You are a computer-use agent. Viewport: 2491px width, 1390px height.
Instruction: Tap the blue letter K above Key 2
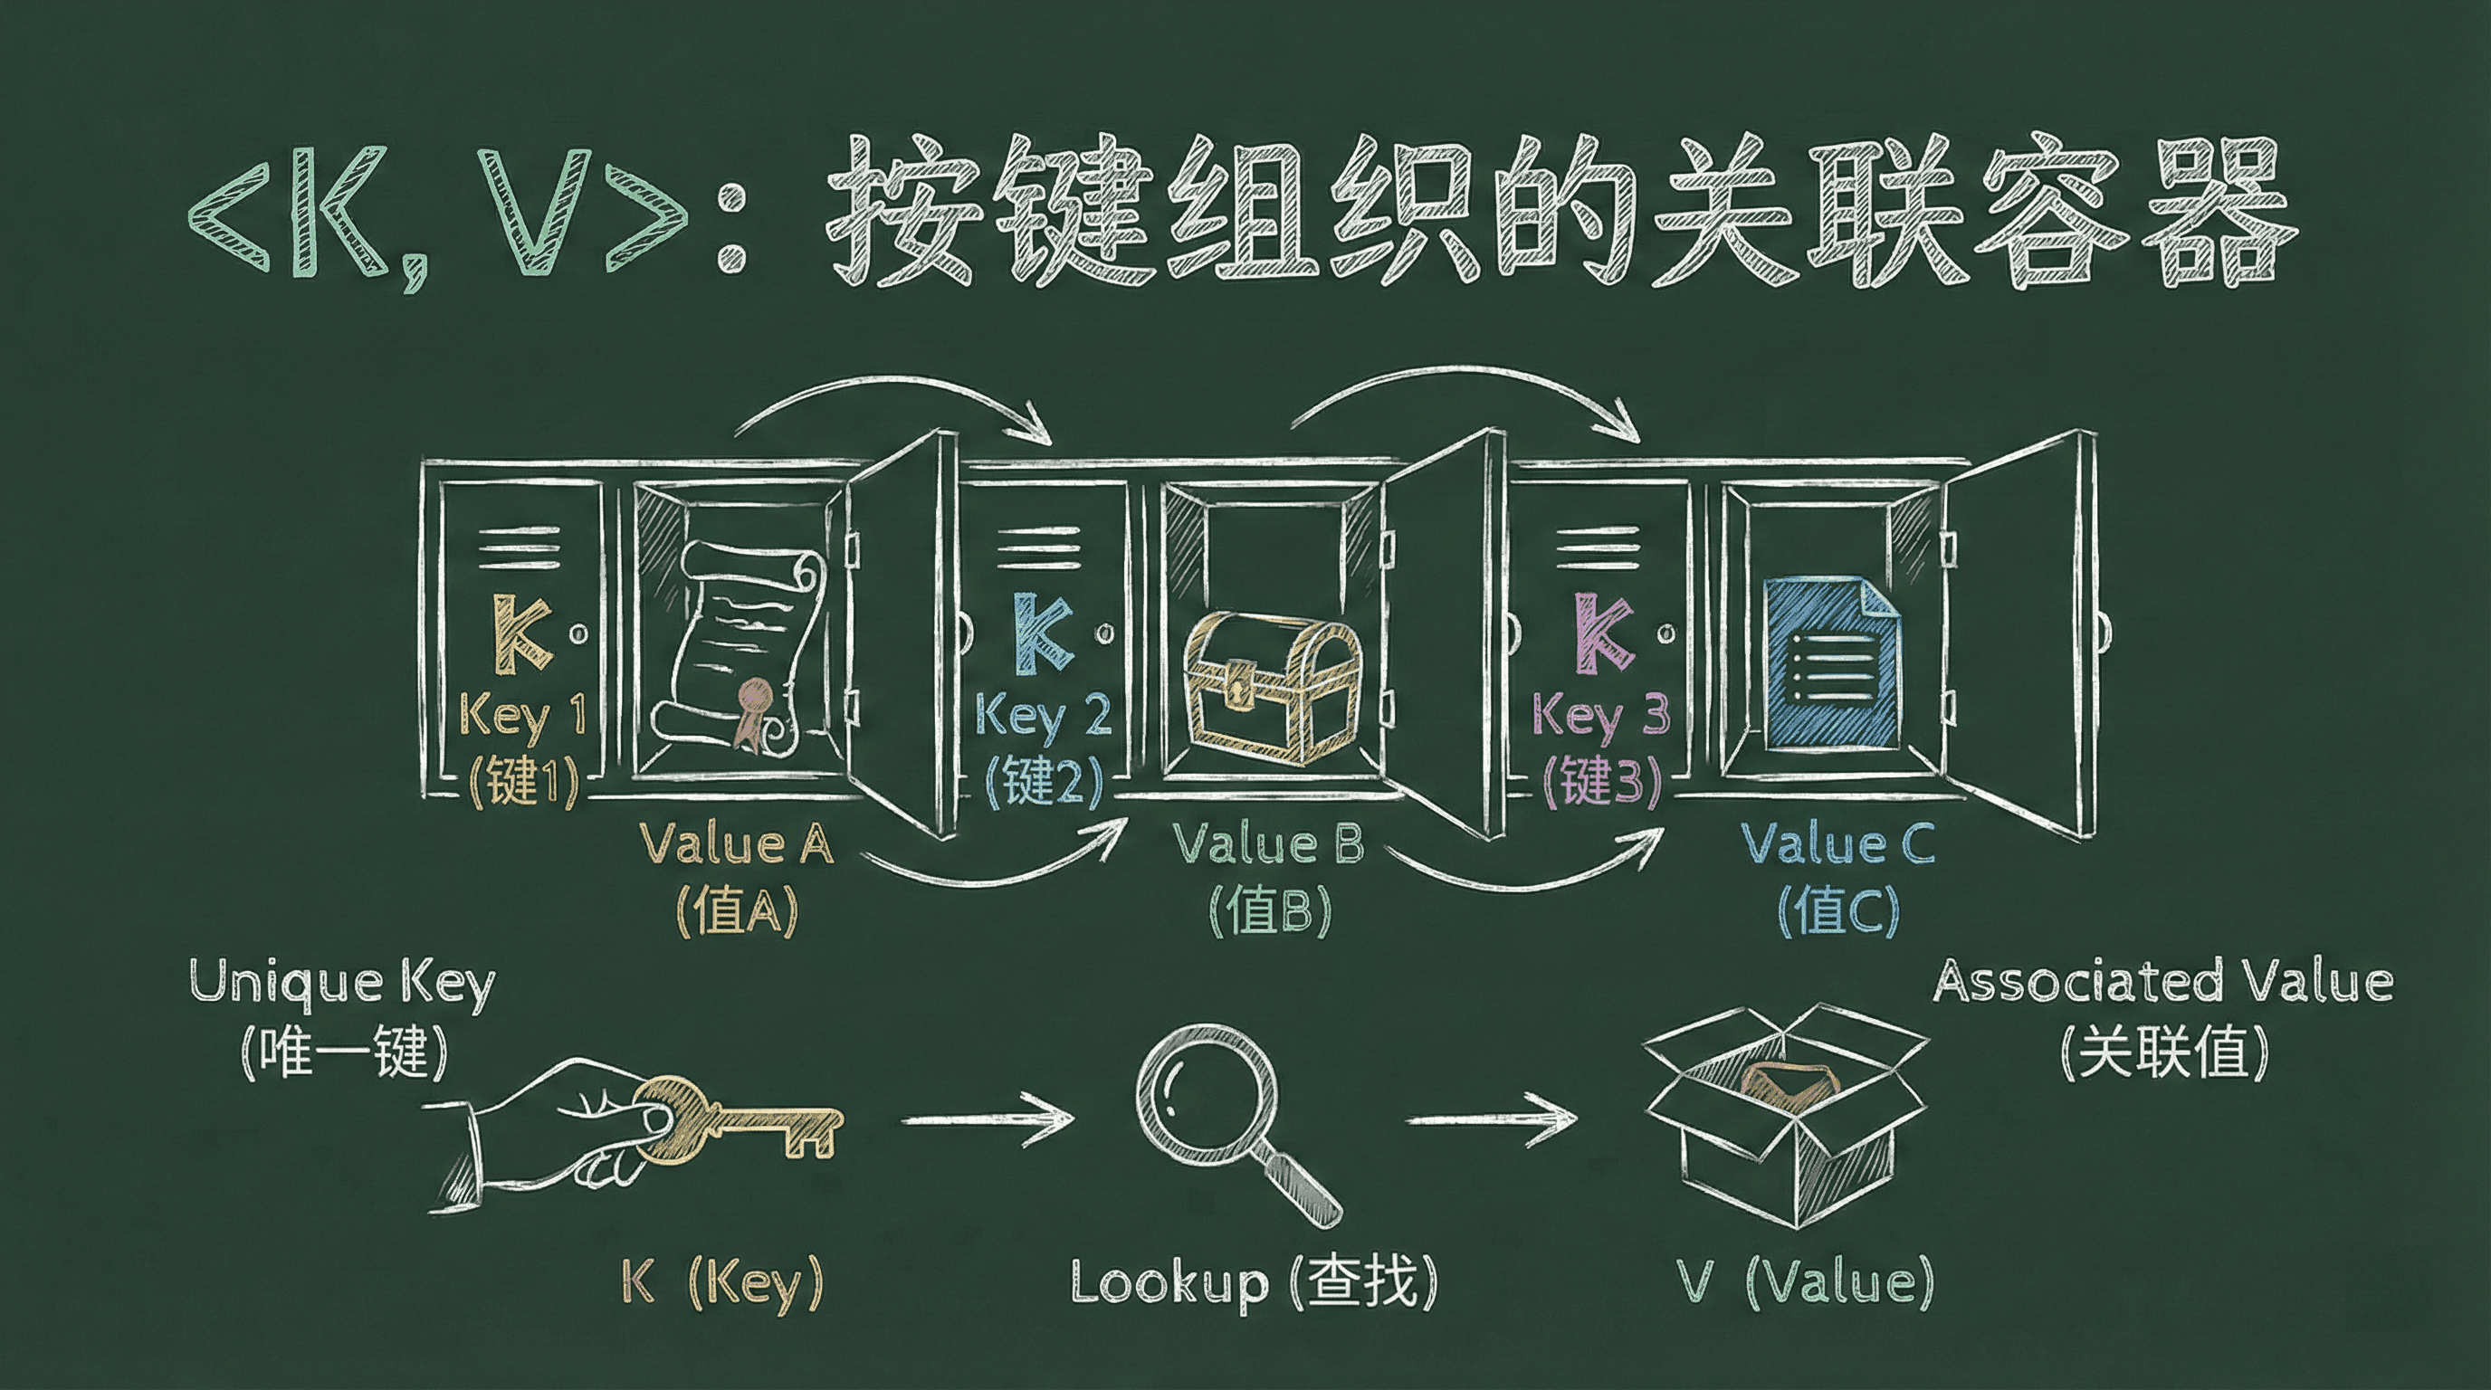[1045, 633]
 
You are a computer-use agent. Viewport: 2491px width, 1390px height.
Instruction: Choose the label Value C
[1837, 843]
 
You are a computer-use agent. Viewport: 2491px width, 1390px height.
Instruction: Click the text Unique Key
[342, 984]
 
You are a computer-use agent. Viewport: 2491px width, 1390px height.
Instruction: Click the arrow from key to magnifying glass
[987, 1119]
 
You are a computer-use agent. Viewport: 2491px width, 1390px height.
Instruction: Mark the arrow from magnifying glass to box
[1490, 1119]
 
